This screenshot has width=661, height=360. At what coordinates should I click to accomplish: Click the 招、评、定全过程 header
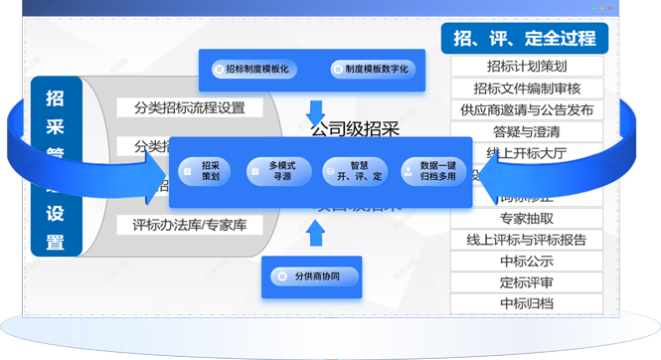(x=524, y=39)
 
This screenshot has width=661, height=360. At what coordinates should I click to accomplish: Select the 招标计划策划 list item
(x=527, y=67)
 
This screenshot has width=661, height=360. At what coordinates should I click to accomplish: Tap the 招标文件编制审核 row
(x=527, y=89)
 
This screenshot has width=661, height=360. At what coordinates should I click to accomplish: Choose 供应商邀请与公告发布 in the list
(x=527, y=109)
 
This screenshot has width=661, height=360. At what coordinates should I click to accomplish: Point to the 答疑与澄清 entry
(x=527, y=131)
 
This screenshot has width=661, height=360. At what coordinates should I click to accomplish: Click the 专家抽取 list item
(x=527, y=218)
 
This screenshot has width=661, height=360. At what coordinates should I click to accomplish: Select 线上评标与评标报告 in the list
(x=527, y=240)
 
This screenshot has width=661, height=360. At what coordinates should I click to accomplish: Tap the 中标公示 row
(x=527, y=262)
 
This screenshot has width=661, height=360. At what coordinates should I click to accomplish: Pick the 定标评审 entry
(x=527, y=282)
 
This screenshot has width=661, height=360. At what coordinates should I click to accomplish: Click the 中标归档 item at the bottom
(x=527, y=304)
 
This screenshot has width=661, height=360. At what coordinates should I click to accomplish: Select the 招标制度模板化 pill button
(x=251, y=70)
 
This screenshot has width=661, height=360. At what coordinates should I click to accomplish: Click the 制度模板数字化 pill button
(x=370, y=70)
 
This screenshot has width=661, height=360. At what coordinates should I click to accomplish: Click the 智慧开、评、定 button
(x=353, y=172)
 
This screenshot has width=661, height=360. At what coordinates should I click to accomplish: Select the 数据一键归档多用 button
(x=433, y=172)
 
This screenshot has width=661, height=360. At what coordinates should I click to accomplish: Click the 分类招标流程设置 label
(x=190, y=107)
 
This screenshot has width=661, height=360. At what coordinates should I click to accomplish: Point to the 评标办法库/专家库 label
(x=190, y=225)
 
